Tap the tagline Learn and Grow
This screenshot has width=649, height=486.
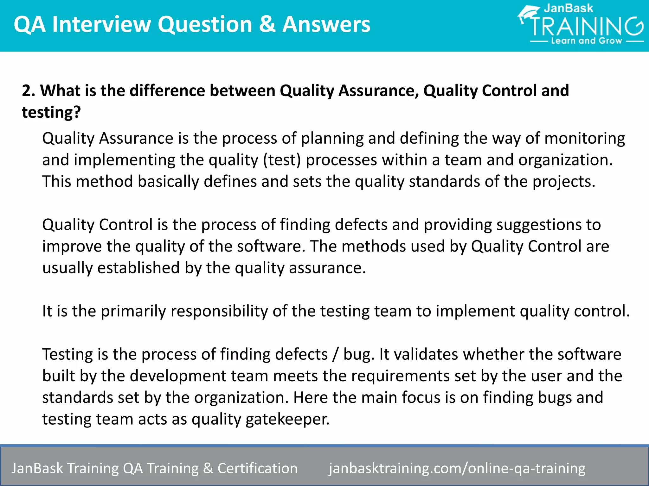tap(587, 41)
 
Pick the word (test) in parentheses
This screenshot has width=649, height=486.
tap(282, 160)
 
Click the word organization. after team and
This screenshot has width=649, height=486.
tap(565, 160)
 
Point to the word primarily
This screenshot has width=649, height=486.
tap(133, 311)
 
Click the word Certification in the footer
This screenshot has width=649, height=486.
tap(257, 468)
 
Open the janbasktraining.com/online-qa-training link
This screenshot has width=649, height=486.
tap(457, 468)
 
